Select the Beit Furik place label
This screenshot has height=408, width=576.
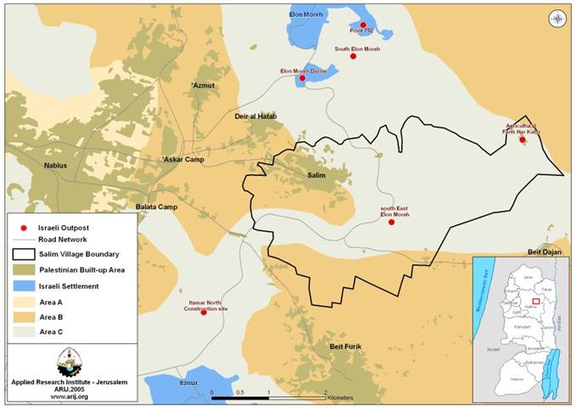click(345, 347)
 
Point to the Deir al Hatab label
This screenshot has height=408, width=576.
click(255, 116)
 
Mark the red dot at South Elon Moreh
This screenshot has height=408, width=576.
click(353, 56)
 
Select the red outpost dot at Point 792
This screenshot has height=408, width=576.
click(362, 25)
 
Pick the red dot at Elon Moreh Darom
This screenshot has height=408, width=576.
click(302, 78)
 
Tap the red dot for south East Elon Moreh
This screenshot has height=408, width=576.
click(391, 222)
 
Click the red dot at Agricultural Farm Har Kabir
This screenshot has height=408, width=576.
click(523, 139)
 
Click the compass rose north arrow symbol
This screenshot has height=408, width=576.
click(555, 16)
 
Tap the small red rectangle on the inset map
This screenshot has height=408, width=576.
click(535, 300)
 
